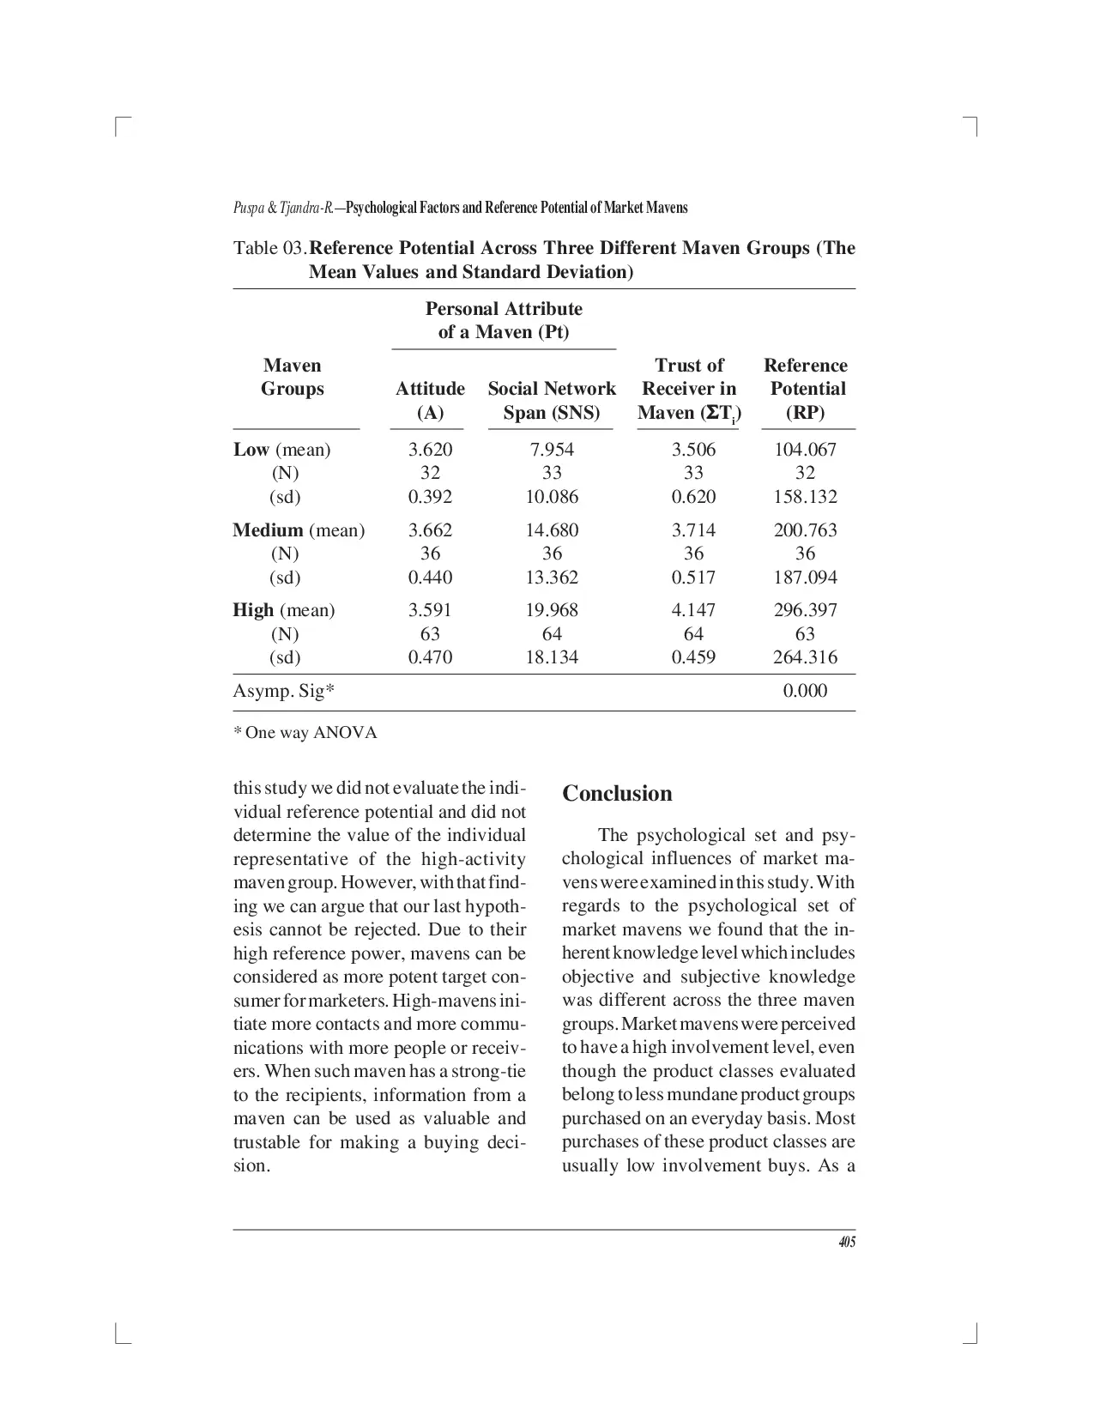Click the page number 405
(847, 1242)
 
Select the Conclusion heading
(617, 793)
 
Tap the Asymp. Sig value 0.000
(805, 691)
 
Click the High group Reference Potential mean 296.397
(805, 610)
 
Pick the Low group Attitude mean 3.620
(430, 450)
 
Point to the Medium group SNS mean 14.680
(552, 530)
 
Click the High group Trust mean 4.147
(692, 610)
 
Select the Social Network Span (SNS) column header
(552, 401)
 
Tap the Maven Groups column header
(293, 377)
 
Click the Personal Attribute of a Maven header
(504, 320)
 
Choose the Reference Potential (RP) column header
(805, 389)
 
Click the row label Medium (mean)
(299, 530)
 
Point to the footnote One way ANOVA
(305, 733)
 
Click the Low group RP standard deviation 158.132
(805, 497)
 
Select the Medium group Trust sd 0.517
(692, 578)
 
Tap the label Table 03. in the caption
(269, 249)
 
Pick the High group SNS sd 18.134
(552, 657)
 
